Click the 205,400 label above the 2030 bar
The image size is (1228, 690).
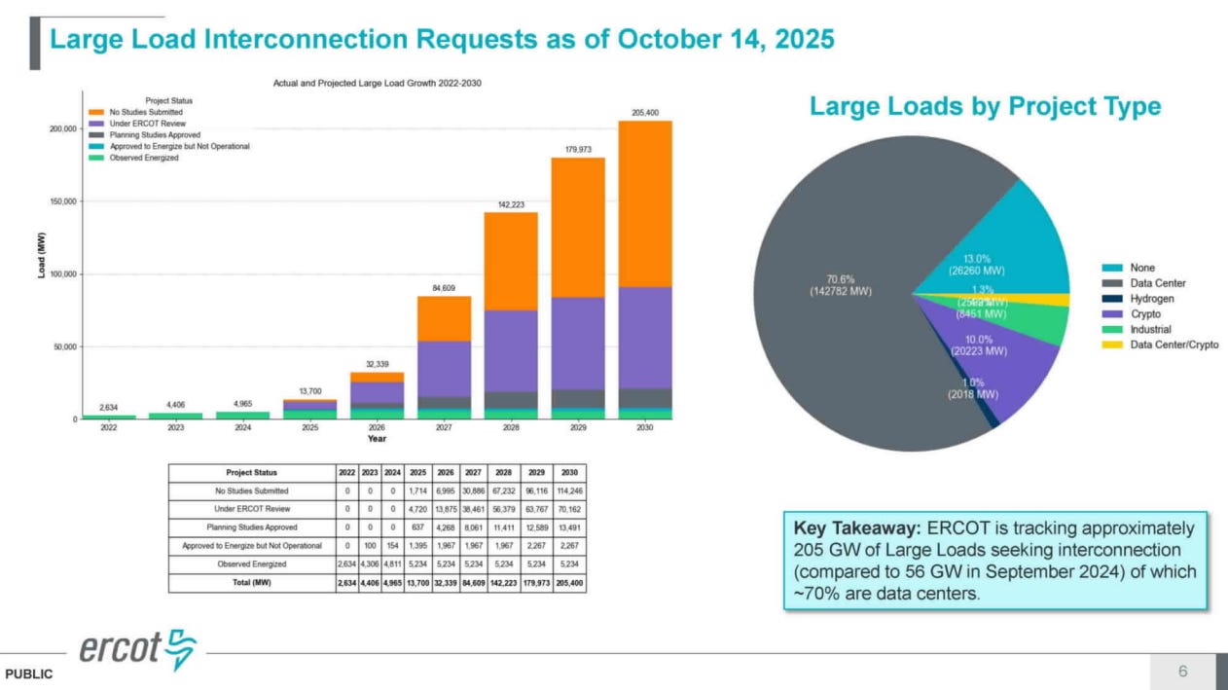645,113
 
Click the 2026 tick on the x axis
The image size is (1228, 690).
377,427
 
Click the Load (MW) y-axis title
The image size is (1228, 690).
42,255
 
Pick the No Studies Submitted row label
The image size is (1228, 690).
251,490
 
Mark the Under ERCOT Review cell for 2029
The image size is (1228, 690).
536,509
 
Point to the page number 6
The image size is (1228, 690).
1182,671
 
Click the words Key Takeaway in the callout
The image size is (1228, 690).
856,528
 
